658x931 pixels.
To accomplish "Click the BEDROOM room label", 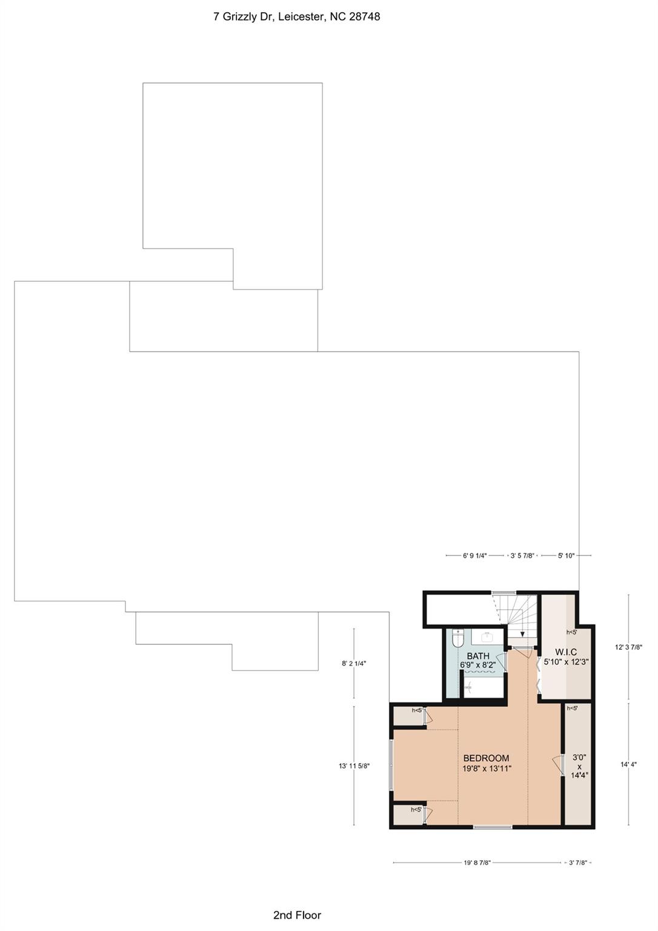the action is pos(486,758).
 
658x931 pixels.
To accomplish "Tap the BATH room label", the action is pos(478,656).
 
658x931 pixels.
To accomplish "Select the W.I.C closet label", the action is pos(566,652).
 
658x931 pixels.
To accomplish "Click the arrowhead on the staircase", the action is pos(522,633).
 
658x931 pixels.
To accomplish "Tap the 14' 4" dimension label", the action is pos(628,764).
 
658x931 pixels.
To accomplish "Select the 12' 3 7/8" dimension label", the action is pos(629,647).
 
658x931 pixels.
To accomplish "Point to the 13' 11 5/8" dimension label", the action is pos(354,766).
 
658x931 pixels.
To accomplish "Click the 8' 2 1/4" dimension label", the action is pos(354,663).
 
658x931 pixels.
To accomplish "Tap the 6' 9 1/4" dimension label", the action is pos(475,555).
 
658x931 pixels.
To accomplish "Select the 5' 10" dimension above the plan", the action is pos(566,555).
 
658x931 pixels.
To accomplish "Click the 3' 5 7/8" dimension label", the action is pos(522,555).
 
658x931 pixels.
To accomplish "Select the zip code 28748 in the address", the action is pos(365,16).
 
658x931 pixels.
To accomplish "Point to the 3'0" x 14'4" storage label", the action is pos(579,766).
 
